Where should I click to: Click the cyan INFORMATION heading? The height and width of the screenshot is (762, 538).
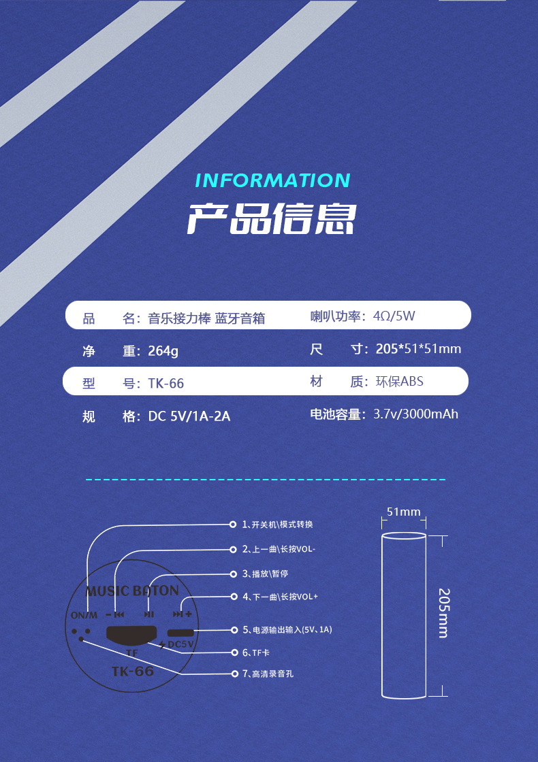(272, 180)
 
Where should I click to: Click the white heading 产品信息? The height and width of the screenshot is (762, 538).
(272, 218)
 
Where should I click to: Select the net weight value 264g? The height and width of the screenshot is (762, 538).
(163, 351)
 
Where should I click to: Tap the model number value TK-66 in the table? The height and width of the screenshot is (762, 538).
(166, 384)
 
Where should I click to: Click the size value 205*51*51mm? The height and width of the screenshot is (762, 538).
(418, 349)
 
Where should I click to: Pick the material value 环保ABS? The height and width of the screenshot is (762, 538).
(399, 382)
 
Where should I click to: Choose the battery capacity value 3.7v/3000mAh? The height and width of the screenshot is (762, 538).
(415, 414)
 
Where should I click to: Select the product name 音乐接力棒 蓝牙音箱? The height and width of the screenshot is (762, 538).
(206, 318)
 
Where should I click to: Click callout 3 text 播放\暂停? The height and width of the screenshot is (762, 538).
(270, 574)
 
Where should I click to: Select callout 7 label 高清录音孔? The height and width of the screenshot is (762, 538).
(272, 674)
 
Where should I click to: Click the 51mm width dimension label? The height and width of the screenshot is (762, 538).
(404, 512)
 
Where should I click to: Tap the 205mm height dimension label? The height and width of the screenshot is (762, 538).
(443, 612)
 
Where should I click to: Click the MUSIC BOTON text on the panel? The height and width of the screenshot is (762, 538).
(132, 591)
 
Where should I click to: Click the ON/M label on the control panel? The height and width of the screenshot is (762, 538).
(84, 616)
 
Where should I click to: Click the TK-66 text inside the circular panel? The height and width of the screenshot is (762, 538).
(133, 671)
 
